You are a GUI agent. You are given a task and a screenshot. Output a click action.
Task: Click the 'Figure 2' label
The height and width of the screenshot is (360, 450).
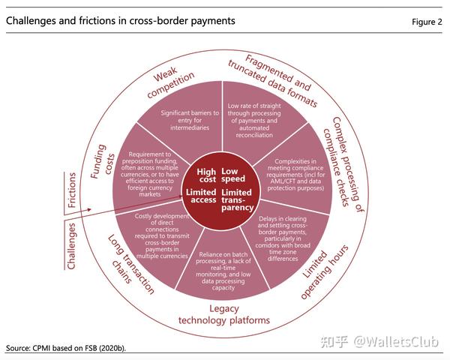tap(427, 22)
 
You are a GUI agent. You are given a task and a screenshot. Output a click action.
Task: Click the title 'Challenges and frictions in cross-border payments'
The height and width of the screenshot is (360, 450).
tap(121, 21)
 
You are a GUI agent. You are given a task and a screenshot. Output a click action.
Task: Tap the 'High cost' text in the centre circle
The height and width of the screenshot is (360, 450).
tap(206, 176)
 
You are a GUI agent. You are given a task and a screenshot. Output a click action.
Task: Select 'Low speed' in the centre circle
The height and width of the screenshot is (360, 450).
tap(234, 176)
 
